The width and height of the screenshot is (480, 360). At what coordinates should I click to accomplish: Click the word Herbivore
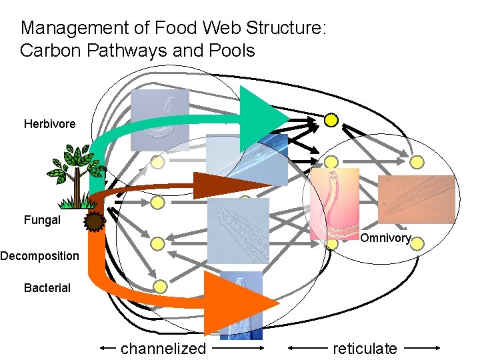coord(49,124)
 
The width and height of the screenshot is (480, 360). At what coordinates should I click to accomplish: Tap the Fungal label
coord(42,220)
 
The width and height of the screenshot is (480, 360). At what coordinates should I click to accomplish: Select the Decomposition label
coord(39,256)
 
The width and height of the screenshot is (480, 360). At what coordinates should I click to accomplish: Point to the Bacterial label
coord(47,288)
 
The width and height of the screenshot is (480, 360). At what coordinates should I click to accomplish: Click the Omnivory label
coord(385,239)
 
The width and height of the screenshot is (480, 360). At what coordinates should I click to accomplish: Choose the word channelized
coord(163,348)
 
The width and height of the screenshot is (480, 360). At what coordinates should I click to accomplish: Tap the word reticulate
coord(365,348)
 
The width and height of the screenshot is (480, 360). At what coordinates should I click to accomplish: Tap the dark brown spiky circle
coord(95,222)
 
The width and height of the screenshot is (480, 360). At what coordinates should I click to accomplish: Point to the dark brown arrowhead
coord(220,185)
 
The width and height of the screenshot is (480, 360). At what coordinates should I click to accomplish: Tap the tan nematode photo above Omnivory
coord(417,199)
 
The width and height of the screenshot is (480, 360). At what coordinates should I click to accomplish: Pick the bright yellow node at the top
coord(331,120)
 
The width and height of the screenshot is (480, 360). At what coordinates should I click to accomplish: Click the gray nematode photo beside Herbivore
coord(160,120)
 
